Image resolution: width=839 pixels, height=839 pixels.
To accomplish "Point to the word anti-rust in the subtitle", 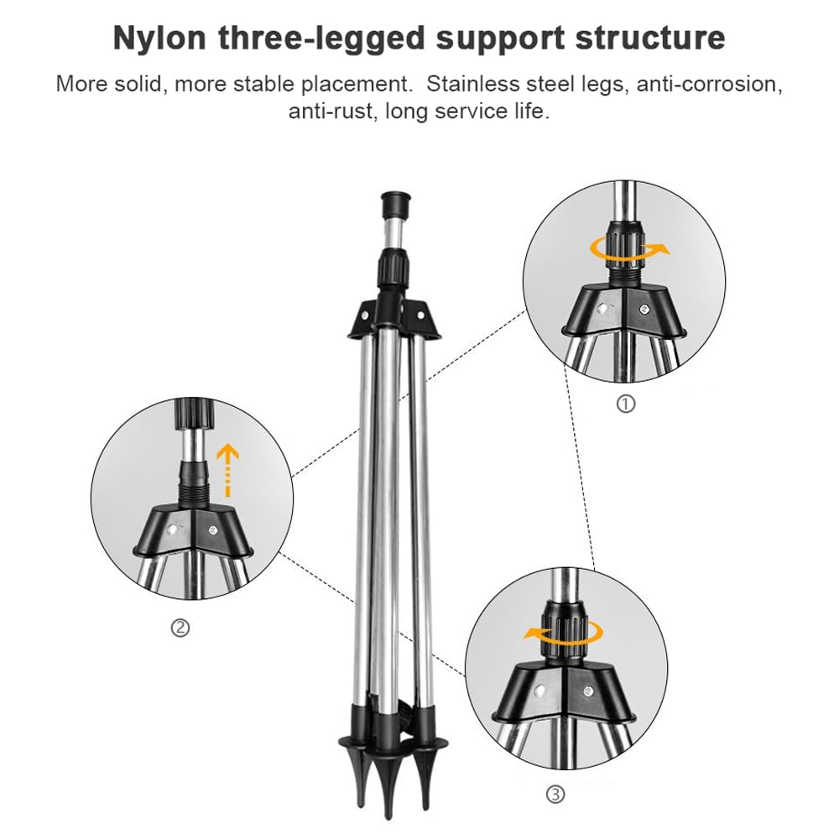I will coord(331,111).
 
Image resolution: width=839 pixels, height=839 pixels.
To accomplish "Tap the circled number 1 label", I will coord(626,404).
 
